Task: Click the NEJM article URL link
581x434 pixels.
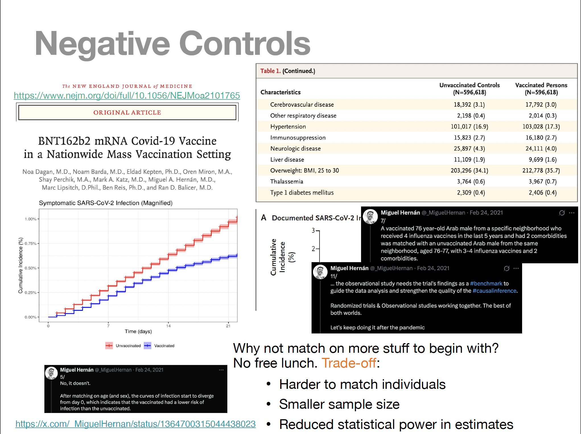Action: (127, 95)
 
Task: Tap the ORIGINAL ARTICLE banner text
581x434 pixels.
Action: (127, 112)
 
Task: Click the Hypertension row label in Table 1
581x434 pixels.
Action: (288, 127)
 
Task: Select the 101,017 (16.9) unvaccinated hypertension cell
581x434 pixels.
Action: (469, 127)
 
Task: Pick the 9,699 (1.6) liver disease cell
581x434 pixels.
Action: (543, 160)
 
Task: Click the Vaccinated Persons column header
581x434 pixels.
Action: (541, 89)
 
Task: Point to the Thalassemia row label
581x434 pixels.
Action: (287, 181)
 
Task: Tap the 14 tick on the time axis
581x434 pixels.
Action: (168, 326)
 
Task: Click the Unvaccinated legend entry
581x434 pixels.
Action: (123, 346)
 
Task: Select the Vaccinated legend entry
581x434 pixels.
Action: (159, 346)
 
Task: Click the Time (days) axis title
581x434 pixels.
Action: (138, 331)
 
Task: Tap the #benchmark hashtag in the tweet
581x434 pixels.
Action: (486, 283)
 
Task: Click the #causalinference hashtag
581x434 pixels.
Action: (494, 291)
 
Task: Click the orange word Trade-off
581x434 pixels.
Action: (349, 363)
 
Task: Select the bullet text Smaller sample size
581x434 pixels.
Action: (339, 404)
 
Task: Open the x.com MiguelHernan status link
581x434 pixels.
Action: (135, 424)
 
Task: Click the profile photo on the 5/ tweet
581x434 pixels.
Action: (51, 373)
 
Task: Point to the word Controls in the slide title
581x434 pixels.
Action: (244, 43)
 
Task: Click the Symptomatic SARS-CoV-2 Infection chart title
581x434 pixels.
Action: (106, 203)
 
